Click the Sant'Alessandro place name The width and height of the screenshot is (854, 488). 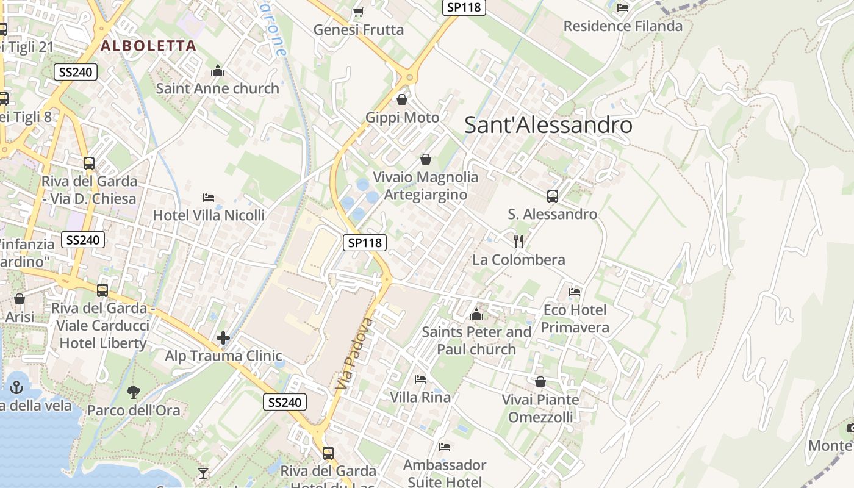pyautogui.click(x=548, y=125)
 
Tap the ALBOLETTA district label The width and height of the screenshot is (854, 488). pyautogui.click(x=148, y=46)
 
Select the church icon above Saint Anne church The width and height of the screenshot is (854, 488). pyautogui.click(x=218, y=71)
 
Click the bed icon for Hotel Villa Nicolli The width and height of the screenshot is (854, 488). pyautogui.click(x=209, y=198)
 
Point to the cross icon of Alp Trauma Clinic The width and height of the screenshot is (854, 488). pyautogui.click(x=223, y=337)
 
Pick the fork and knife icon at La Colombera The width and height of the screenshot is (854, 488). pyautogui.click(x=518, y=241)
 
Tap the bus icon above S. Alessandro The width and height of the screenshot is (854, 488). pyautogui.click(x=553, y=196)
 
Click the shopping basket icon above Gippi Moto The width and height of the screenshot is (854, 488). pyautogui.click(x=402, y=99)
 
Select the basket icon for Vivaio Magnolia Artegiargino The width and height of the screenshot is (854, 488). pyautogui.click(x=425, y=159)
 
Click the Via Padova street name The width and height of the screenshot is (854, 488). pyautogui.click(x=354, y=354)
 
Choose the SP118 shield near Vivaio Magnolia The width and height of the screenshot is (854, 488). pyautogui.click(x=365, y=243)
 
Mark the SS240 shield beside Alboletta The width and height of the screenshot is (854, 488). pyautogui.click(x=76, y=73)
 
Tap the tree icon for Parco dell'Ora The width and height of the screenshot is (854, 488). pyautogui.click(x=133, y=392)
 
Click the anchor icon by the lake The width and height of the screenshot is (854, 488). pyautogui.click(x=16, y=387)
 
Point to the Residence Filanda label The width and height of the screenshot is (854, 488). pyautogui.click(x=623, y=26)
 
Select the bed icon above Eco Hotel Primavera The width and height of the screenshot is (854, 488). pyautogui.click(x=575, y=292)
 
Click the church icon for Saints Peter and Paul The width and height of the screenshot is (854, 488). pyautogui.click(x=476, y=315)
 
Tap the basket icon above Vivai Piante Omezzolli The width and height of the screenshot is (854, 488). pyautogui.click(x=540, y=382)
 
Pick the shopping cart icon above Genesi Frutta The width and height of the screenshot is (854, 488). pyautogui.click(x=359, y=12)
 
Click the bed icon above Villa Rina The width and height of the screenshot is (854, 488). pyautogui.click(x=420, y=379)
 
